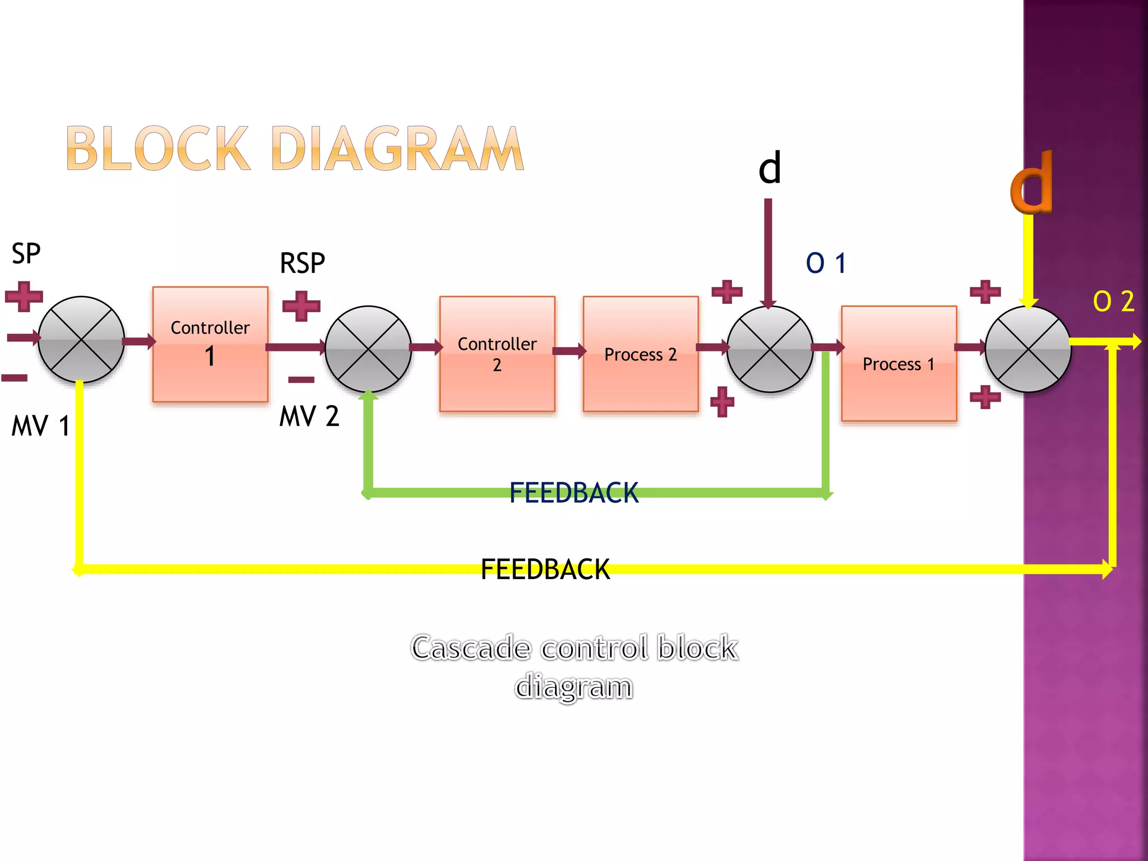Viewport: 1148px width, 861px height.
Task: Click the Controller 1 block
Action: click(x=210, y=344)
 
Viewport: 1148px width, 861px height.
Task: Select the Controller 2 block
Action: click(x=497, y=354)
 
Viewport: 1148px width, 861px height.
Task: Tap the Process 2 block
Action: click(x=641, y=354)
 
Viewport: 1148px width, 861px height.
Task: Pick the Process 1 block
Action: click(x=899, y=364)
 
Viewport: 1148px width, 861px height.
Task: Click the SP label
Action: click(x=26, y=254)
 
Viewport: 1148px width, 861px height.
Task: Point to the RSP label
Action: click(x=302, y=263)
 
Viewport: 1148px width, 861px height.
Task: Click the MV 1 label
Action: click(x=40, y=425)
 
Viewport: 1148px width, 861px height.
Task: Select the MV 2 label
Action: click(x=309, y=416)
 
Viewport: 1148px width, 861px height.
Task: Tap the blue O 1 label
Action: click(x=826, y=263)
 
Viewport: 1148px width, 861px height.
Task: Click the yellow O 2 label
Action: click(x=1113, y=302)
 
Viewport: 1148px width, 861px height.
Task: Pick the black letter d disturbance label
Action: click(x=770, y=168)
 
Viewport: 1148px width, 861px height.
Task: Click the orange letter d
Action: click(x=1031, y=183)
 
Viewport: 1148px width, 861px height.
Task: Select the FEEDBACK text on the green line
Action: click(x=574, y=493)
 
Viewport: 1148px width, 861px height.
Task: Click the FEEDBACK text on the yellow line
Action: click(x=545, y=570)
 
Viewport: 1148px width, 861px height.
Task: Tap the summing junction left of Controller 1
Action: click(x=81, y=340)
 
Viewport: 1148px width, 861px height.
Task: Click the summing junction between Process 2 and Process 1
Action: click(x=770, y=349)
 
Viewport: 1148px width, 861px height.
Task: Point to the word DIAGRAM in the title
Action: click(x=397, y=149)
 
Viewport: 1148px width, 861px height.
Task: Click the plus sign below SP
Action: click(x=24, y=296)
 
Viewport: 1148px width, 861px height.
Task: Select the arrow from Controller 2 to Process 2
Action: click(x=569, y=351)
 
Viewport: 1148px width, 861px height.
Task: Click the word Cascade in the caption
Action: click(x=471, y=648)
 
